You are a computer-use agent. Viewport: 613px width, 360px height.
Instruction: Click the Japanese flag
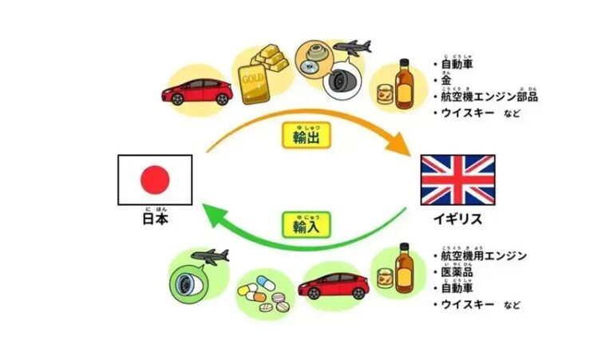coord(154,181)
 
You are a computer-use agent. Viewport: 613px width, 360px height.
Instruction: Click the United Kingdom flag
coord(457,181)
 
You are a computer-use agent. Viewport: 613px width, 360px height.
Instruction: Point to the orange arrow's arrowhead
coord(399,149)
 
